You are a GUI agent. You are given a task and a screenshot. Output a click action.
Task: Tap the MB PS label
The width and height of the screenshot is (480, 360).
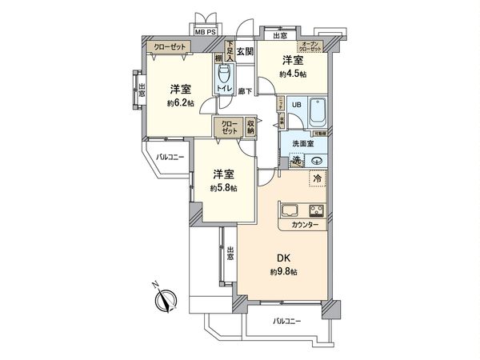pos(206,33)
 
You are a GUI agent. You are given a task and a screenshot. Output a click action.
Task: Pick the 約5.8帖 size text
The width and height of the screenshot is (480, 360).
pos(222,188)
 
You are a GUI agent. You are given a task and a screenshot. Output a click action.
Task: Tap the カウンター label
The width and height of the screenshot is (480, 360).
pos(305,225)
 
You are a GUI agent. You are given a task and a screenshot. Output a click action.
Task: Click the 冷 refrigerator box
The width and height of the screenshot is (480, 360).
pos(317,178)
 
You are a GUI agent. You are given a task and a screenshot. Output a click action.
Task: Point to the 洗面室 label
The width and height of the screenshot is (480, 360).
pos(303,143)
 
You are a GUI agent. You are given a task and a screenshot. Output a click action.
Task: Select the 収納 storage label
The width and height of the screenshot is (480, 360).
pos(250,126)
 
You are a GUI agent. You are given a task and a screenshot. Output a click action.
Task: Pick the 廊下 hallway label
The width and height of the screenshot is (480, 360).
pos(246,91)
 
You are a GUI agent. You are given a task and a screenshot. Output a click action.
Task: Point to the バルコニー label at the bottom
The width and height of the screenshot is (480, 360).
pos(285,321)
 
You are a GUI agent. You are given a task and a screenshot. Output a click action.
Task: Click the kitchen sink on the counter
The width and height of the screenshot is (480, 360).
pos(290,212)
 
